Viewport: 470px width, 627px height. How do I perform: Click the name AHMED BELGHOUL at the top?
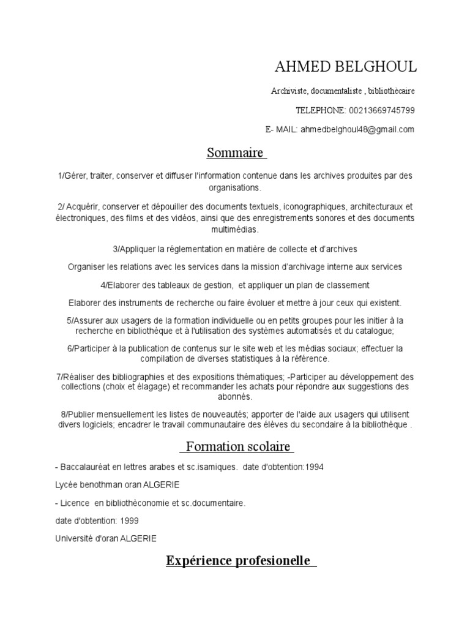(x=346, y=67)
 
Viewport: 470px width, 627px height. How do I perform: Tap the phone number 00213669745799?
(x=382, y=110)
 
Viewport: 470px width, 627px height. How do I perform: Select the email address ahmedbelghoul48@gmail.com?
(x=357, y=129)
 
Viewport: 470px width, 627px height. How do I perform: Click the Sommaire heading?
(x=235, y=152)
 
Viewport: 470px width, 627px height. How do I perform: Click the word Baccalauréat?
(x=85, y=467)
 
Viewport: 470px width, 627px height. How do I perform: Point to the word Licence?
(x=75, y=503)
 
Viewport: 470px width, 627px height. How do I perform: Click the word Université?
(x=76, y=539)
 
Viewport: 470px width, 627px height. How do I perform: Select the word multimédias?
(x=235, y=230)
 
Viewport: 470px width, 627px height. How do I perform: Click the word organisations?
(x=235, y=187)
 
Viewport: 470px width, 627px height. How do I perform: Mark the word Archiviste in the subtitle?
(x=288, y=91)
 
